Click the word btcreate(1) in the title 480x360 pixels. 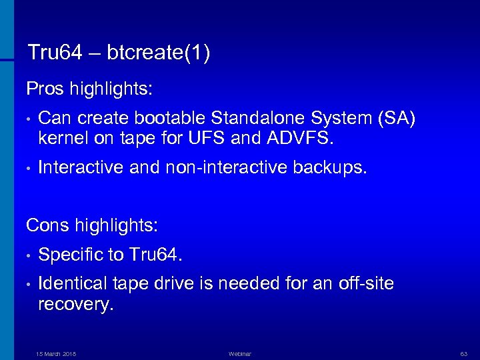[x=158, y=53]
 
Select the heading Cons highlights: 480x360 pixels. [x=92, y=225]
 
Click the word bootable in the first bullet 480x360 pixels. [x=171, y=118]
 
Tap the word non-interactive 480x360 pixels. [x=224, y=168]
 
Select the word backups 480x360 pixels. [x=330, y=168]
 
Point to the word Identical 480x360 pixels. [x=73, y=284]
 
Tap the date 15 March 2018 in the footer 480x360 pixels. [x=56, y=354]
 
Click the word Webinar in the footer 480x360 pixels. [x=239, y=354]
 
